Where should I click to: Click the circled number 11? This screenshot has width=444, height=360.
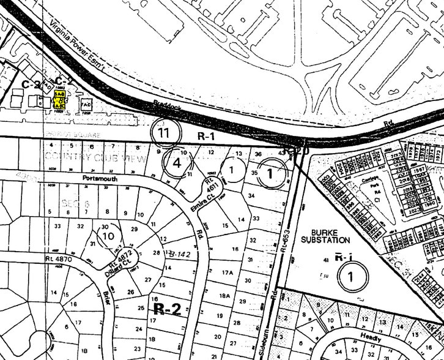163,132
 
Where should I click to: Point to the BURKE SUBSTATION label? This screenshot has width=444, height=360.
331,236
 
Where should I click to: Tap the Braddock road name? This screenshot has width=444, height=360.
169,107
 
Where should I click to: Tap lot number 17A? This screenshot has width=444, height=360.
228,272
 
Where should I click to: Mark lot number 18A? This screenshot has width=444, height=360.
224,296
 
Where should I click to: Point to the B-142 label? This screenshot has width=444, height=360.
181,253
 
